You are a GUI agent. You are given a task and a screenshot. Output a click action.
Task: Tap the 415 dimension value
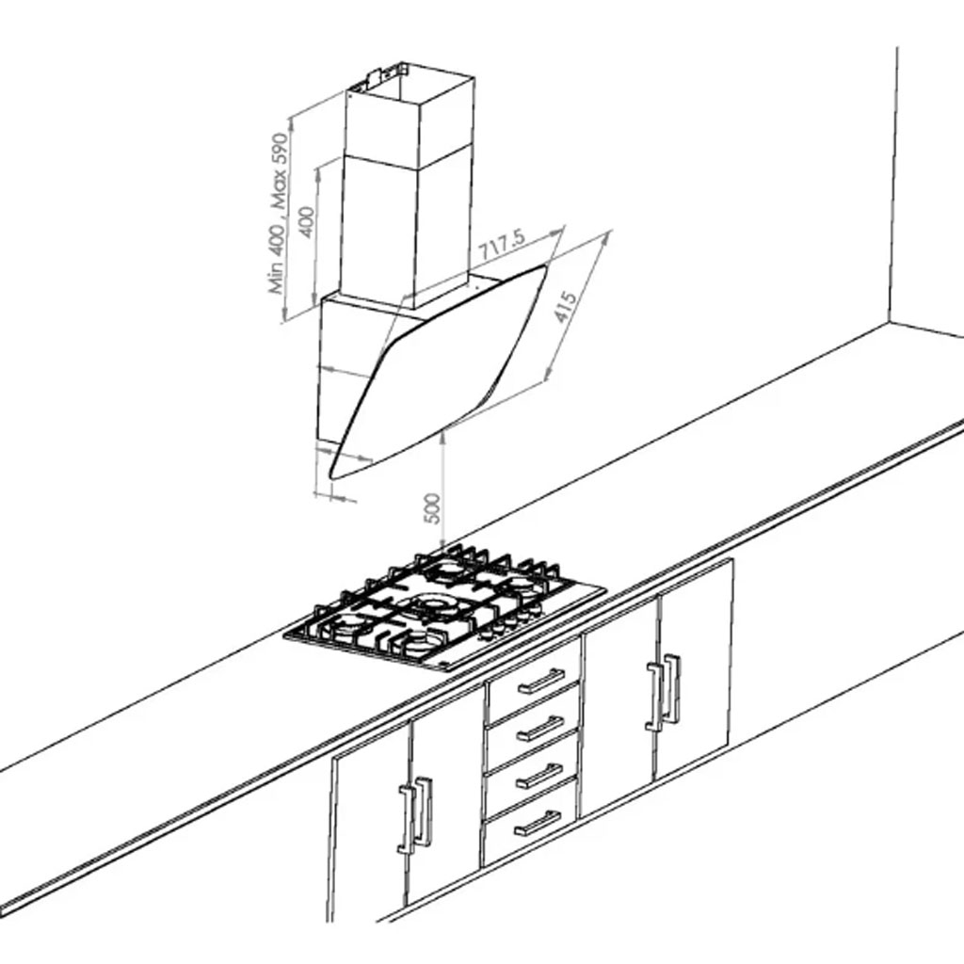pyautogui.click(x=566, y=307)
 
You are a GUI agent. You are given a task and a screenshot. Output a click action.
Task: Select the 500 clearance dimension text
pyautogui.click(x=433, y=508)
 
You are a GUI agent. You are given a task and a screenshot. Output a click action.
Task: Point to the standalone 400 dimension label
pyautogui.click(x=306, y=222)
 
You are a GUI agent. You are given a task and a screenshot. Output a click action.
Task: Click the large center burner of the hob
pyautogui.click(x=433, y=603)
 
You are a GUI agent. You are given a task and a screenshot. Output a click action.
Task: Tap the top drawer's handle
pyautogui.click(x=540, y=682)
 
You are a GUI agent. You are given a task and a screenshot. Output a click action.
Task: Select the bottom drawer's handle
pyautogui.click(x=538, y=823)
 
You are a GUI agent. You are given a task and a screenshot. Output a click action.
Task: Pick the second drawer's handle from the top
pyautogui.click(x=539, y=730)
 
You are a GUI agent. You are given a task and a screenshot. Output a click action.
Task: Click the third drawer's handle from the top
pyautogui.click(x=538, y=776)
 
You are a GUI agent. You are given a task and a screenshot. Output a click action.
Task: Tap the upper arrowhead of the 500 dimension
pyautogui.click(x=443, y=435)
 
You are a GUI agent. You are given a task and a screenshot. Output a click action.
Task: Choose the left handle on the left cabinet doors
pyautogui.click(x=407, y=820)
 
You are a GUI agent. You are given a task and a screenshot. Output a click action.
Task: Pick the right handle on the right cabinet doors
pyautogui.click(x=672, y=688)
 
